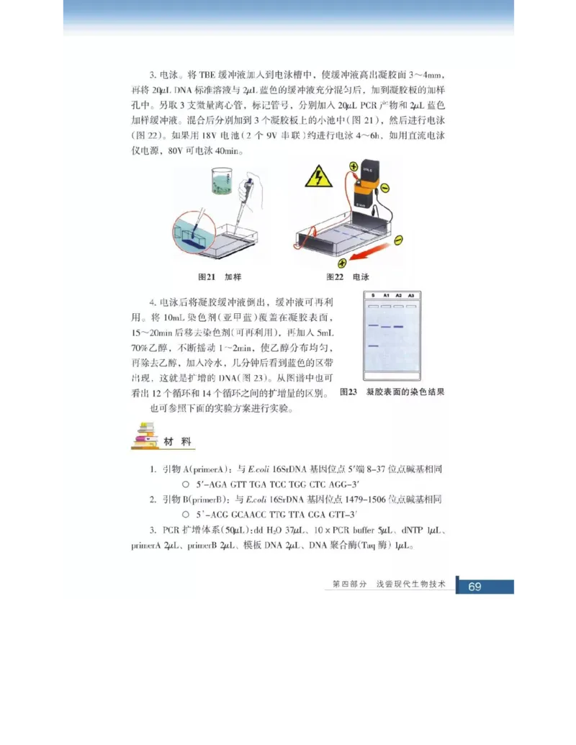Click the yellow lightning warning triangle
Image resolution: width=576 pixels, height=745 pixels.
318,176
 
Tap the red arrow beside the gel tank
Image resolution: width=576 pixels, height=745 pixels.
369,256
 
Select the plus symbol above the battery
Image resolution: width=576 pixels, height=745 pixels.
354,167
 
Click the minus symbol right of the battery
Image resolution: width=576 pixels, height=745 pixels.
385,188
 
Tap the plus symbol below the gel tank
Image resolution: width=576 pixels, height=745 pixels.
343,263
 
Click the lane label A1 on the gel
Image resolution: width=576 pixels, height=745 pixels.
386,296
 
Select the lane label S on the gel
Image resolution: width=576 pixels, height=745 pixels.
373,296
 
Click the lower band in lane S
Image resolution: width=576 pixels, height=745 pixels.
372,346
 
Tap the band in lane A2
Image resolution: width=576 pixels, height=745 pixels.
398,328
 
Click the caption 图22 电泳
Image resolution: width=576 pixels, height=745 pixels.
347,276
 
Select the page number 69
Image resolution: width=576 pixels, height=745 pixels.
474,587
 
